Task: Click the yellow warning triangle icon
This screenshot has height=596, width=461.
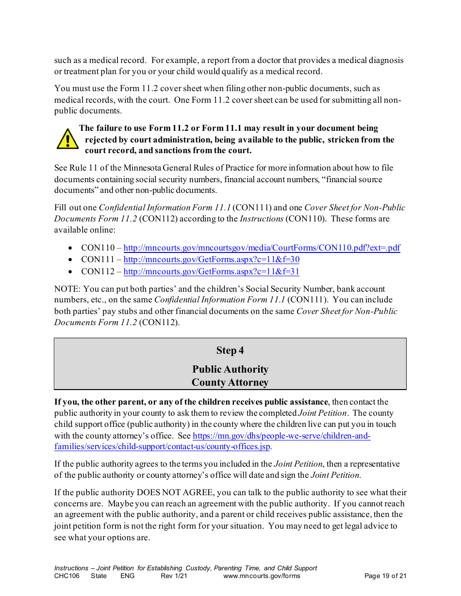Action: click(x=67, y=139)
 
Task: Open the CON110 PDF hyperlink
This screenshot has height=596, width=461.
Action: click(x=262, y=248)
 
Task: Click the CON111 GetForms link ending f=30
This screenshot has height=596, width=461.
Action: click(x=211, y=260)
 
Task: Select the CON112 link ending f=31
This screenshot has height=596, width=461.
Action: click(x=211, y=271)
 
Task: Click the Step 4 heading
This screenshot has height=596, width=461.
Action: click(x=230, y=350)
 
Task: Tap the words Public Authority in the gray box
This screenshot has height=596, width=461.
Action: click(x=230, y=369)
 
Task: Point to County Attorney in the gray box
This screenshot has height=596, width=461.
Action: click(x=230, y=382)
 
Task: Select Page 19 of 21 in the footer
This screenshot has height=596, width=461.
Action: click(x=385, y=576)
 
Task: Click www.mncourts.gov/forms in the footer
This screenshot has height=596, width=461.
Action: click(x=262, y=576)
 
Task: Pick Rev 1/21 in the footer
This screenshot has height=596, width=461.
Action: click(x=174, y=576)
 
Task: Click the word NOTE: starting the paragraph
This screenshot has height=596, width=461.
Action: click(x=67, y=289)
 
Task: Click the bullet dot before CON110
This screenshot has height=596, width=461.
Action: click(x=71, y=249)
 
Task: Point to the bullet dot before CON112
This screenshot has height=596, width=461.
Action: click(x=71, y=272)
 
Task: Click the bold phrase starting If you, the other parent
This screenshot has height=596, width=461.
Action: click(x=191, y=402)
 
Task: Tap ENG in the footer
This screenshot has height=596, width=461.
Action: click(x=128, y=576)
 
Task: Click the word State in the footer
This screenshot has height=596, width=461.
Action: click(x=99, y=576)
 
